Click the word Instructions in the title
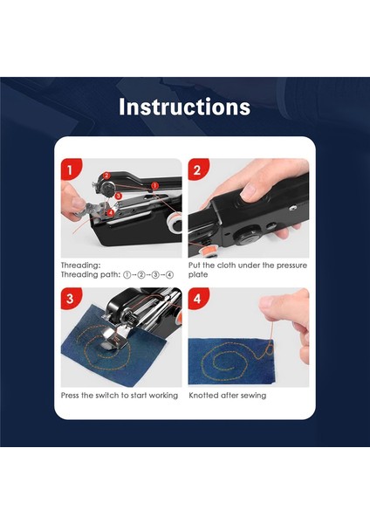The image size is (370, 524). click(185, 107)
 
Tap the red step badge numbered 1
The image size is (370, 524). click(70, 169)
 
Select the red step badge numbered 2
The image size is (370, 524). click(198, 169)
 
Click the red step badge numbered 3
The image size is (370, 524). click(70, 298)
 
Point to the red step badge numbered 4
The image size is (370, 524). click(198, 298)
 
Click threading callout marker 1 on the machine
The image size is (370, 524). click(154, 185)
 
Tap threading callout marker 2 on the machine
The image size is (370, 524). click(106, 176)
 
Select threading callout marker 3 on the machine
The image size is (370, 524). click(119, 196)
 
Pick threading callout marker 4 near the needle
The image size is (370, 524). click(111, 212)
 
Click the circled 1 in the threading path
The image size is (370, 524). click(127, 275)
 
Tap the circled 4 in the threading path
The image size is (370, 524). click(170, 275)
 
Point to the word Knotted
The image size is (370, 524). click(203, 396)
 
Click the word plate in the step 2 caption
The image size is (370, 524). click(198, 275)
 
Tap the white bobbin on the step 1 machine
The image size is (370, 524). click(174, 222)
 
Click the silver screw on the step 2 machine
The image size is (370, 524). click(293, 208)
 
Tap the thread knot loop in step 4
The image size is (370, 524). click(267, 350)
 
